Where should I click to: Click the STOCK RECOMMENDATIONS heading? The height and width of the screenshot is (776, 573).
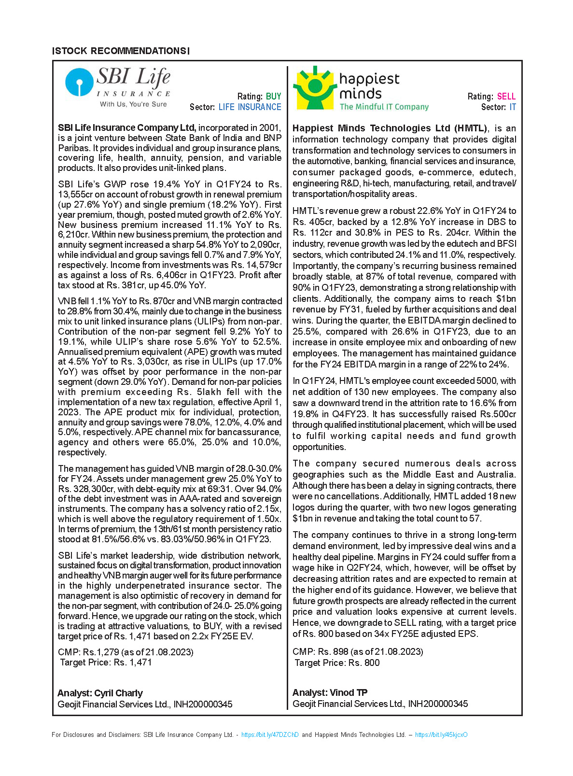[121, 51]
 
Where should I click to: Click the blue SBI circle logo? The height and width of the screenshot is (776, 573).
[79, 82]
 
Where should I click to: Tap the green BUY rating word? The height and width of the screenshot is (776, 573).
[273, 97]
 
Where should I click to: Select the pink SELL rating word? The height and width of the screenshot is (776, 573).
[506, 97]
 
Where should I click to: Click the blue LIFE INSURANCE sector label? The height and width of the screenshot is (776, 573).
[250, 107]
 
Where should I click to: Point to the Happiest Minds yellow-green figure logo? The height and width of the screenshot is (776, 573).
[314, 87]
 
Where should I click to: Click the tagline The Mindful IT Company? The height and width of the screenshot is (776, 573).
[384, 107]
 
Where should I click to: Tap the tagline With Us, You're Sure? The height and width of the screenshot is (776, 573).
[133, 104]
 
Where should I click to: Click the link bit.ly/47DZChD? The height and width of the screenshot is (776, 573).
[270, 735]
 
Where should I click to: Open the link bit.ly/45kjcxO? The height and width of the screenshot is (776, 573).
[441, 735]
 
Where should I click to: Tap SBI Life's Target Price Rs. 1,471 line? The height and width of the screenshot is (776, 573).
[106, 663]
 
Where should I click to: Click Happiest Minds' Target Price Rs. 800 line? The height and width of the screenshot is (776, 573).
[337, 663]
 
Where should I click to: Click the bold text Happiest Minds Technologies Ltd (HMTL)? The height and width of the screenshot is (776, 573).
[390, 128]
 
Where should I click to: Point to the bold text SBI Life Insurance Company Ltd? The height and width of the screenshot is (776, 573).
[126, 128]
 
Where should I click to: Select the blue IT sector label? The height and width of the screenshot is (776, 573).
[513, 107]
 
